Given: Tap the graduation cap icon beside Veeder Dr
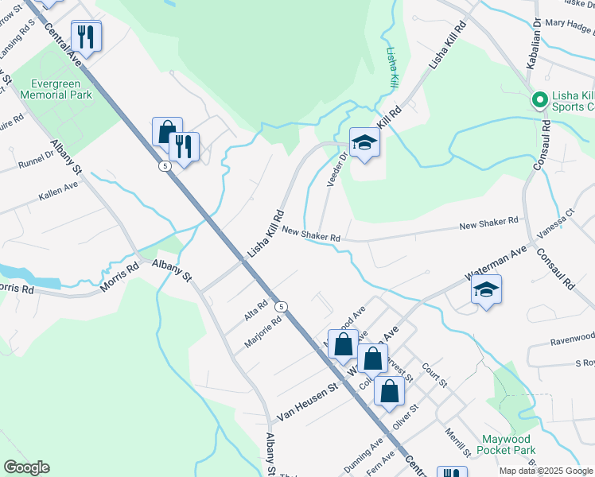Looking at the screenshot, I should pos(364,142).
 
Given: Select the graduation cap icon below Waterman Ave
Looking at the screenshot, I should pos(486,290).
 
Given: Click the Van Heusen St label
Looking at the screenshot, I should pos(308,402).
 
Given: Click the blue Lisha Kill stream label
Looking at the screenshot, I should pos(391,67).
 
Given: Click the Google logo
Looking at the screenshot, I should pos(26,467).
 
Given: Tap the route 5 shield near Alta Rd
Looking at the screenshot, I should pos(280,306).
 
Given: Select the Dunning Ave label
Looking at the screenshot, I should pos(365,453).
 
